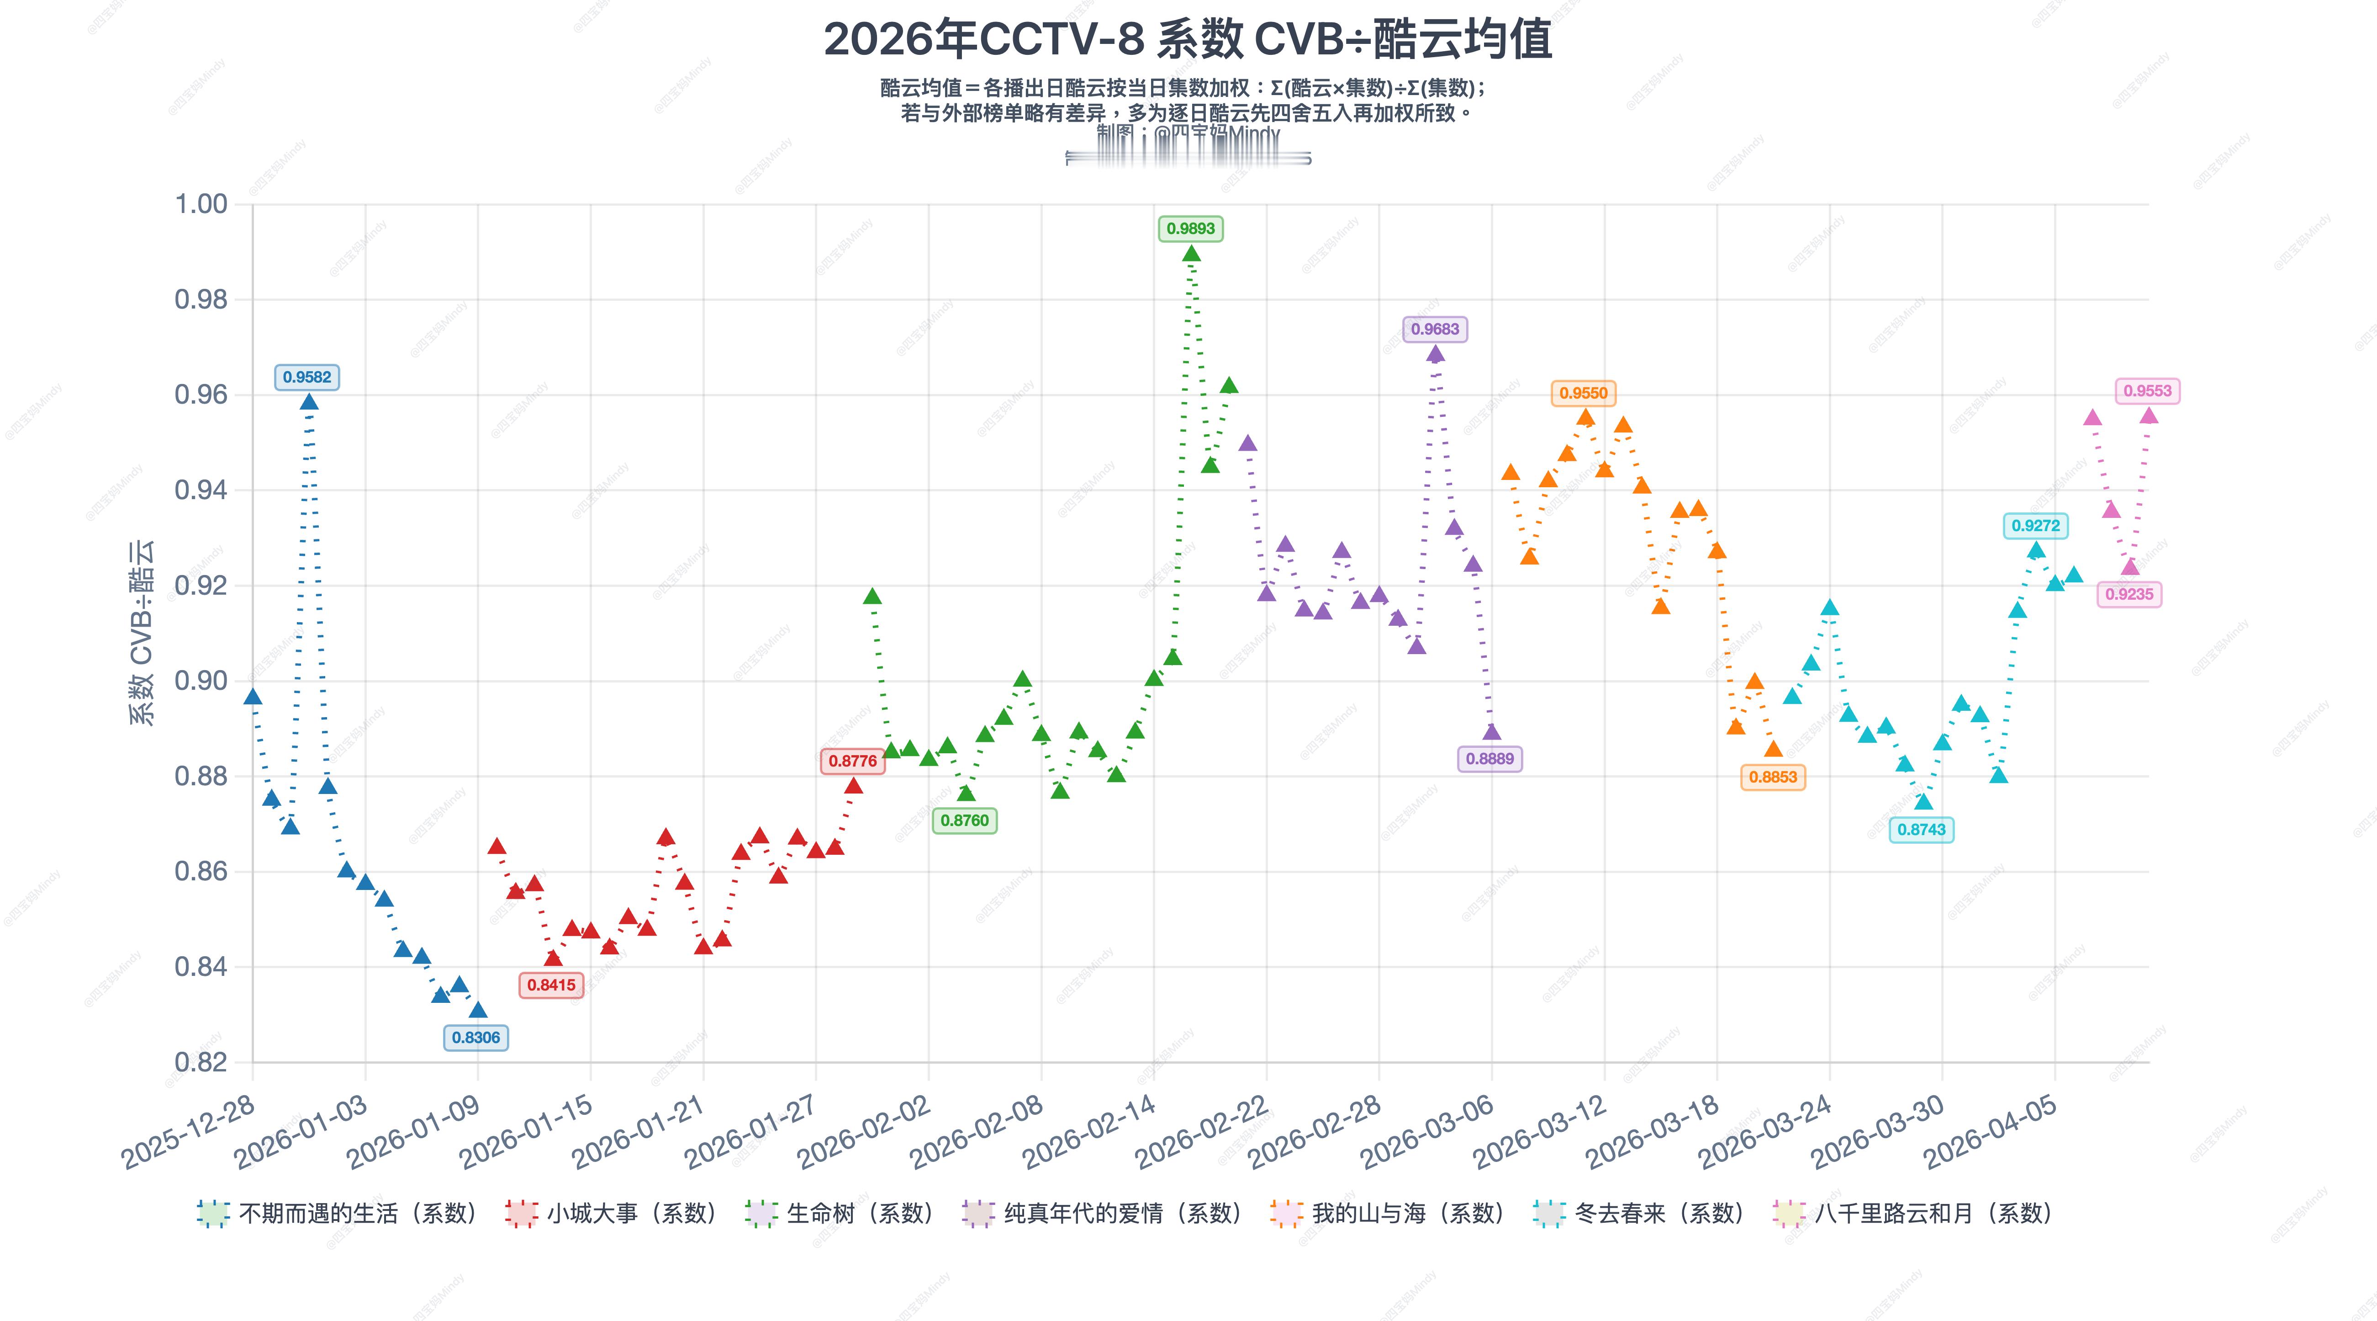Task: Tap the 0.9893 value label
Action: tap(1190, 229)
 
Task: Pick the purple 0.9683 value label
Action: tap(1435, 330)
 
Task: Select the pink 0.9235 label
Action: tap(2129, 595)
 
